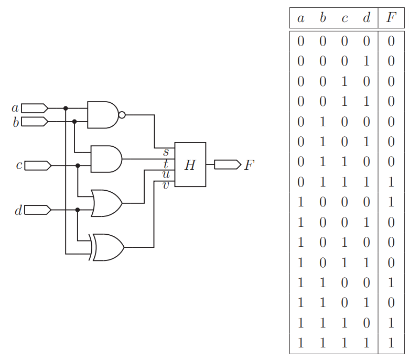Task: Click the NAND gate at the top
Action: click(x=103, y=115)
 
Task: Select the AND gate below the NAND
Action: click(x=106, y=159)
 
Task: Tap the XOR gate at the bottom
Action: click(x=108, y=247)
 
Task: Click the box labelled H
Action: click(x=190, y=165)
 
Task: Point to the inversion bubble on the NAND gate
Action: click(x=122, y=115)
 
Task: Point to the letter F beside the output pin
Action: click(x=249, y=165)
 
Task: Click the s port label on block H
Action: click(x=166, y=152)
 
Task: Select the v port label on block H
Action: click(x=166, y=184)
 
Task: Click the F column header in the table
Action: click(x=391, y=18)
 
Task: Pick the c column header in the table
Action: click(x=345, y=18)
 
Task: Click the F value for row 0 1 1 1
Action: click(x=391, y=182)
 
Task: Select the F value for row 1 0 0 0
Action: click(x=391, y=202)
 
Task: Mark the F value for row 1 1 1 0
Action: click(x=391, y=323)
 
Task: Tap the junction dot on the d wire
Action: click(x=78, y=210)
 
